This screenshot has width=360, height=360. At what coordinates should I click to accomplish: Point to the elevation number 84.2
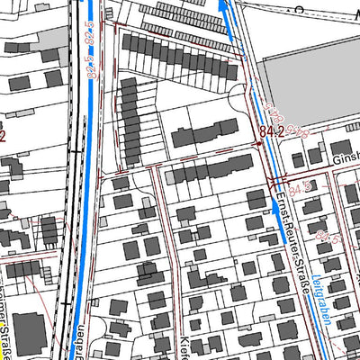point(271,131)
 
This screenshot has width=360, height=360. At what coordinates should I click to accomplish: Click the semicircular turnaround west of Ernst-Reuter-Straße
point(241,100)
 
